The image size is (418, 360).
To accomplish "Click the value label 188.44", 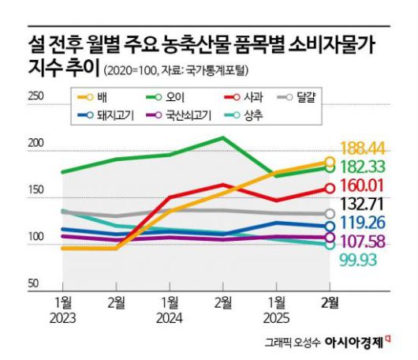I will (366, 148).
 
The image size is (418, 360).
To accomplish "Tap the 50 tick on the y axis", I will (34, 283).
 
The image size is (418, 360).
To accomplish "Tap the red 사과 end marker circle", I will (330, 188).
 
